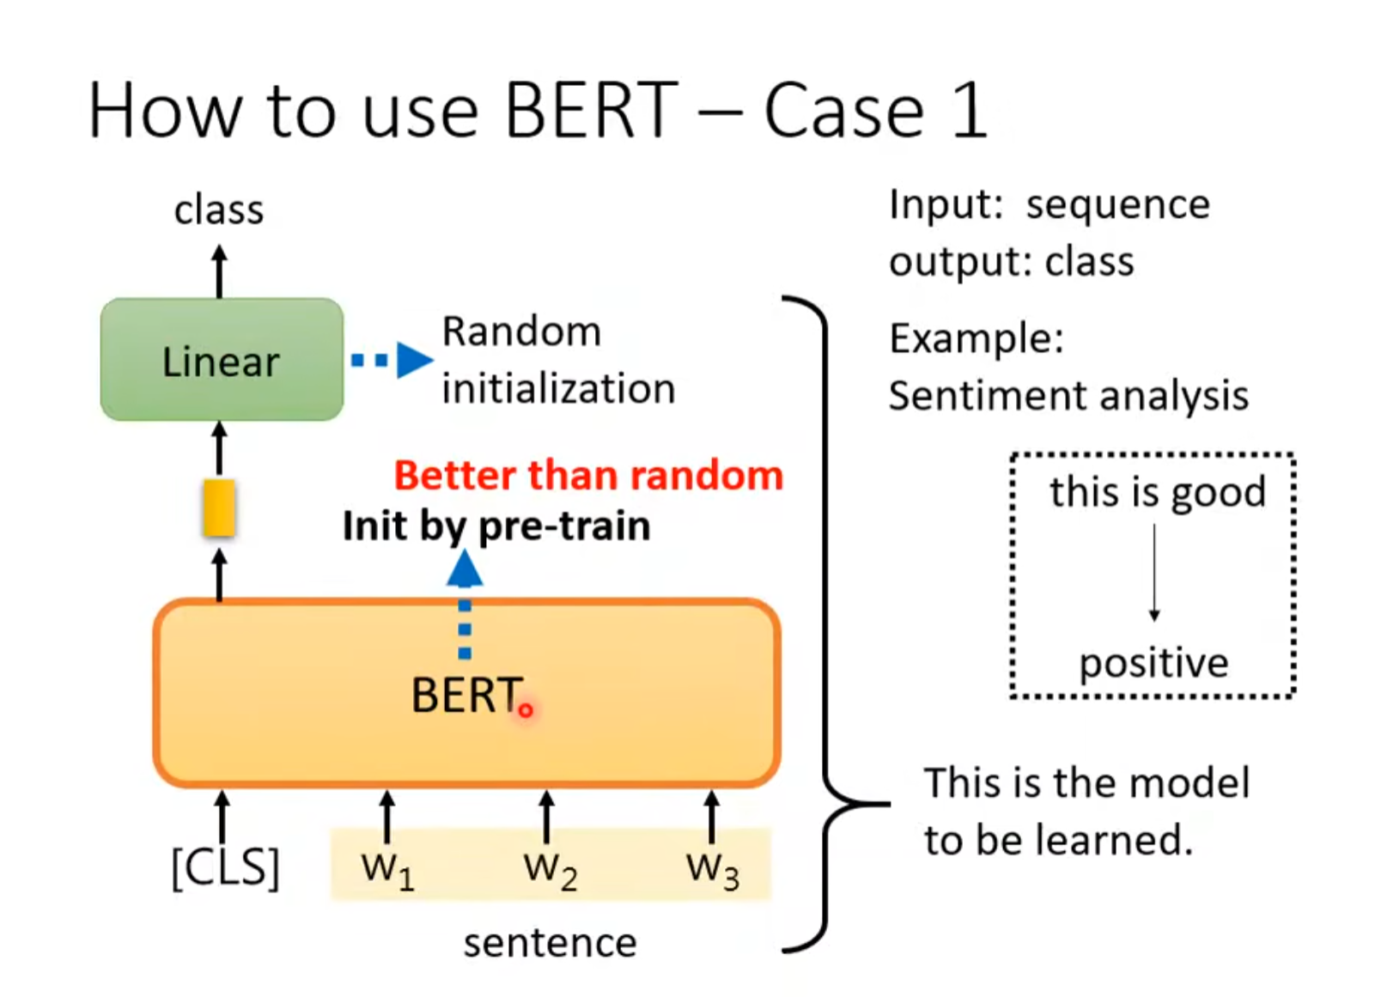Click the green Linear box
pos(222,359)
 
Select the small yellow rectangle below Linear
pos(219,508)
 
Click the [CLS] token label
pos(225,867)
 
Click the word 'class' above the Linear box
pos(219,210)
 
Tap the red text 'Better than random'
pos(588,475)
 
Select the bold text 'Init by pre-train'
pos(496,526)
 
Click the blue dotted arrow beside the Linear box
pos(392,360)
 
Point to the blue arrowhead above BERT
pos(465,568)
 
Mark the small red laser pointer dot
pos(526,710)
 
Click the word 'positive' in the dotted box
pos(1154,664)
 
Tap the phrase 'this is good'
pos(1158,492)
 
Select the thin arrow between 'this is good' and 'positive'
pos(1154,572)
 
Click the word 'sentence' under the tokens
pos(550,944)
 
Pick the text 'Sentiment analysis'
pos(1068,395)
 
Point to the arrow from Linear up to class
pos(219,271)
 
